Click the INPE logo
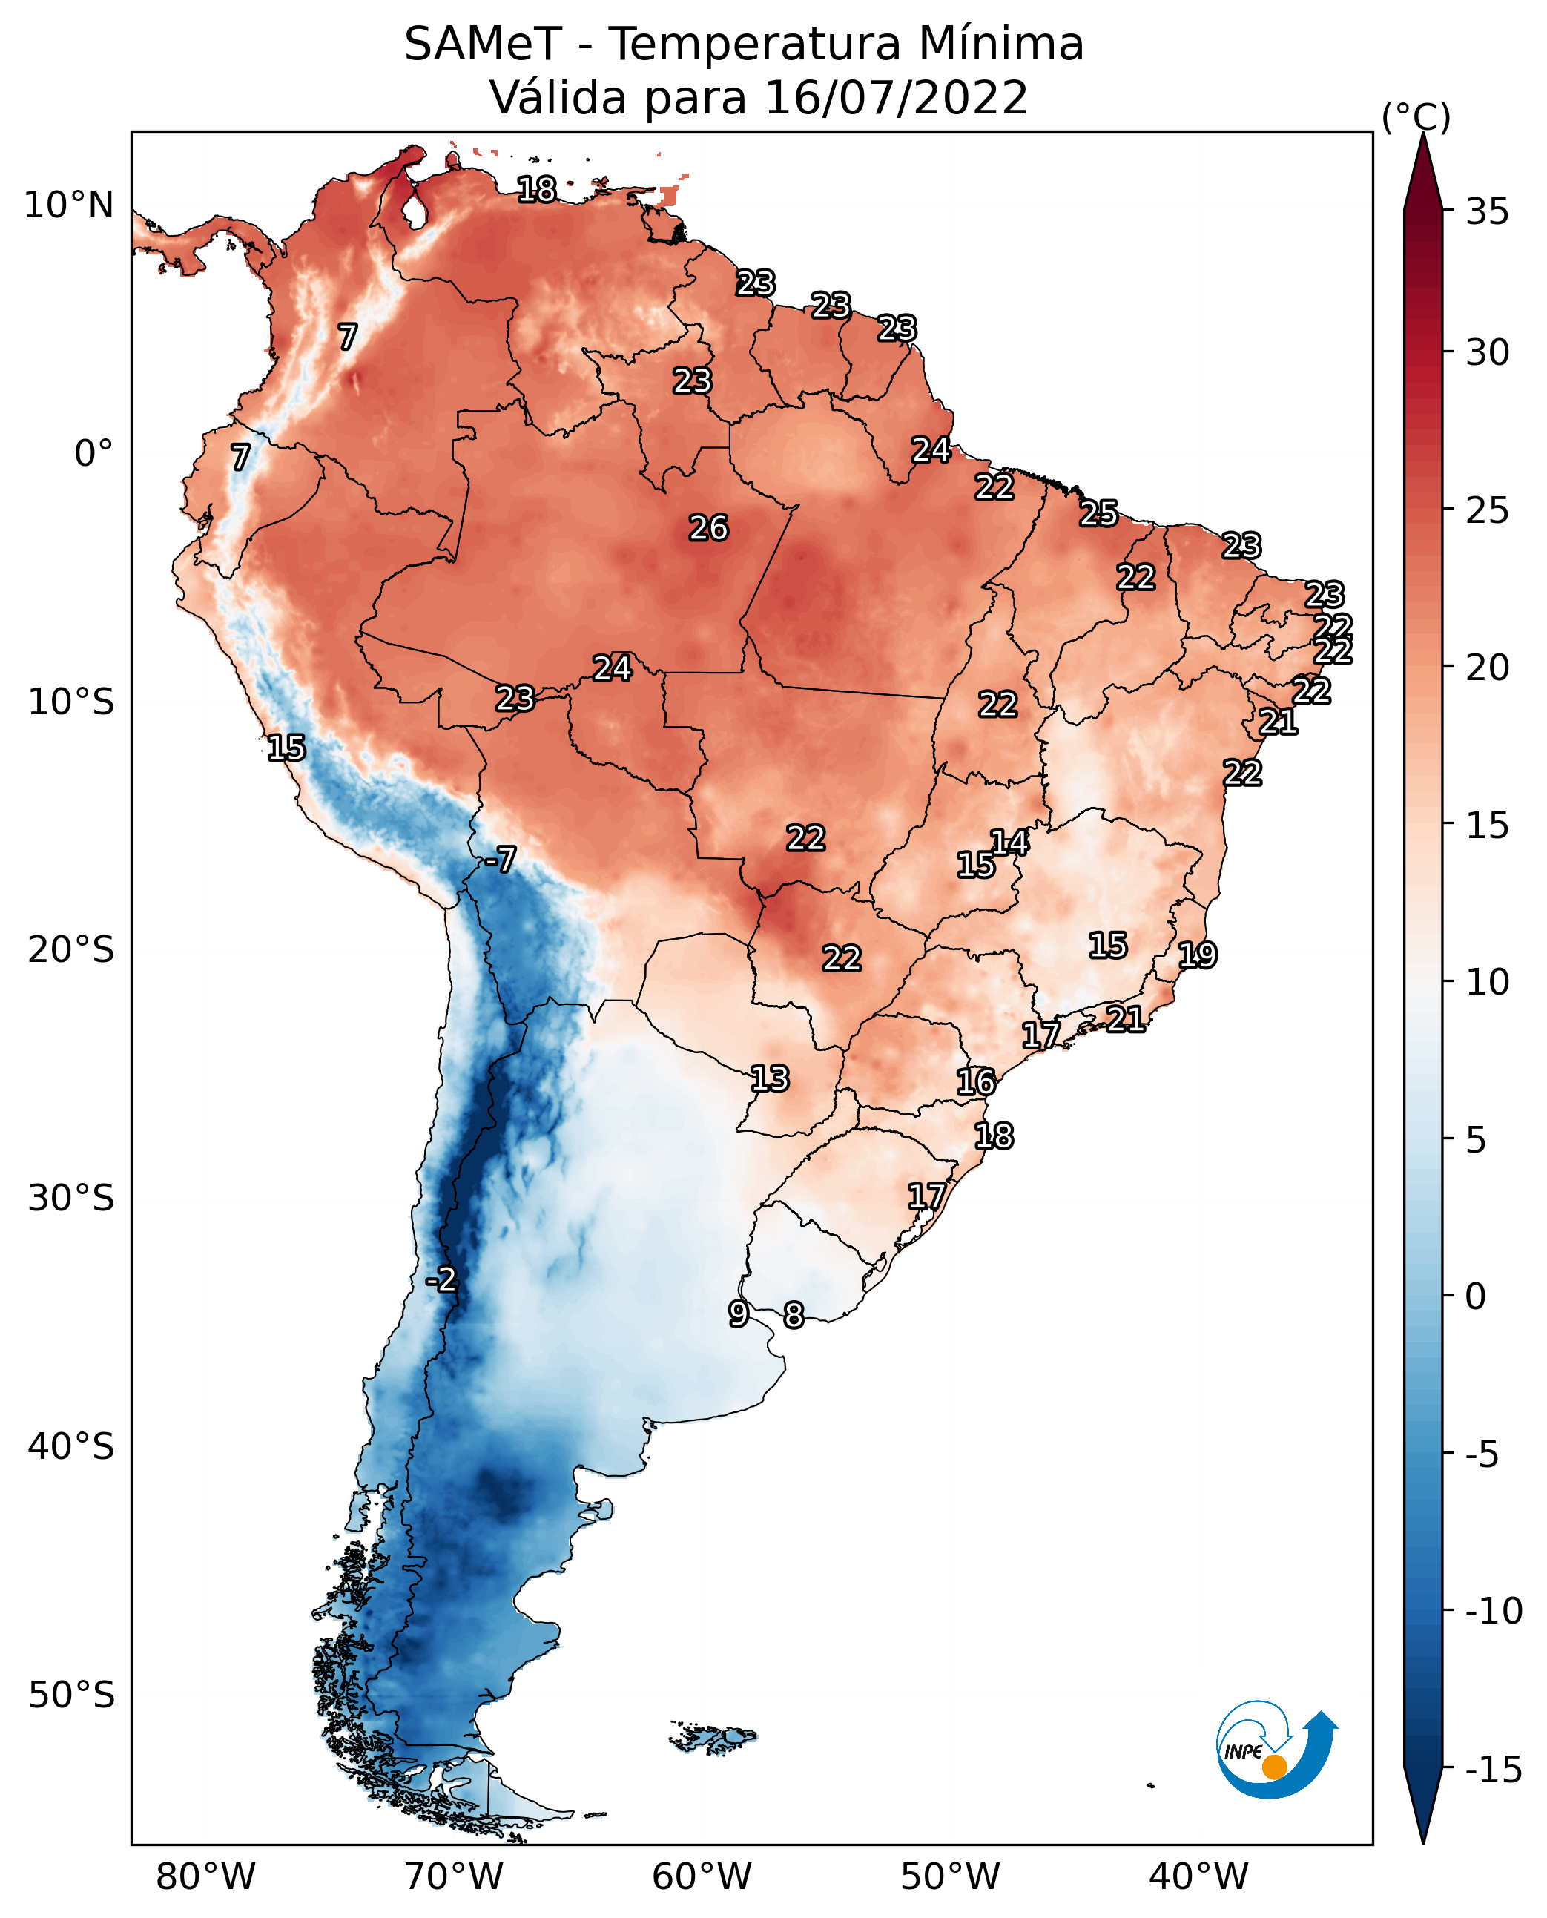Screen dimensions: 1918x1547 [1276, 1750]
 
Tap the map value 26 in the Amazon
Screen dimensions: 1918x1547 [708, 529]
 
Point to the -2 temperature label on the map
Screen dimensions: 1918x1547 [441, 1280]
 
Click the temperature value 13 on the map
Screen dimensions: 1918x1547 [769, 1079]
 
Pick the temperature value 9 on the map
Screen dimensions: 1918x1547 [738, 1314]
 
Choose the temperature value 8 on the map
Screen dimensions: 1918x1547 [793, 1316]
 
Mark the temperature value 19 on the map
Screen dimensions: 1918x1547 [1197, 955]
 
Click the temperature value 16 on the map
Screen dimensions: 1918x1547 [976, 1082]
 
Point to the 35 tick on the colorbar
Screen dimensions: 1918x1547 [1487, 212]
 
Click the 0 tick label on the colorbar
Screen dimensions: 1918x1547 [1476, 1296]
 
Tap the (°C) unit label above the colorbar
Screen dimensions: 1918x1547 [1416, 116]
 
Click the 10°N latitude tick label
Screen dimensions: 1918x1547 [69, 206]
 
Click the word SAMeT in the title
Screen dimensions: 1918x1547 [482, 45]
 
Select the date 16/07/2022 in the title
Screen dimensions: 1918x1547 [896, 98]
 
